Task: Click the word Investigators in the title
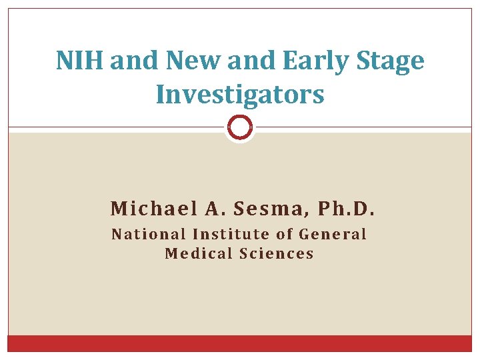pyautogui.click(x=240, y=94)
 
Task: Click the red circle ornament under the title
pyautogui.click(x=240, y=127)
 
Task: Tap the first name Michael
pyautogui.click(x=153, y=209)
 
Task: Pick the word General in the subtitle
pyautogui.click(x=333, y=234)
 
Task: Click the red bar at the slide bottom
pyautogui.click(x=240, y=343)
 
